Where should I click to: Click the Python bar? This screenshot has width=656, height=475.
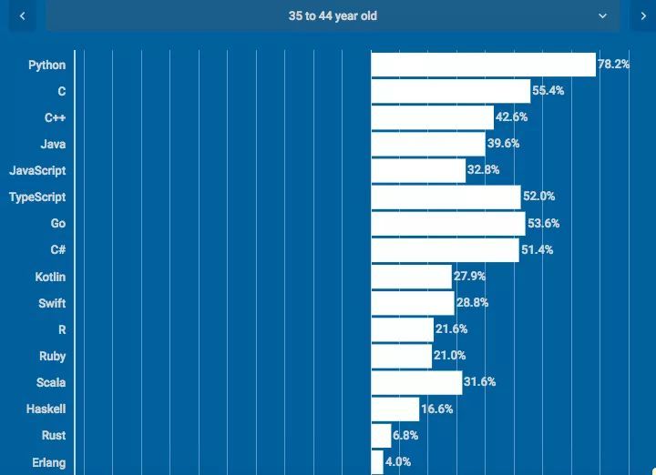tap(483, 65)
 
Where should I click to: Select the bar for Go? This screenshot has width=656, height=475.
tap(447, 224)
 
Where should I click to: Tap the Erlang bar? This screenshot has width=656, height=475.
tap(377, 462)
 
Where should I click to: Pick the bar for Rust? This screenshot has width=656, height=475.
tap(381, 436)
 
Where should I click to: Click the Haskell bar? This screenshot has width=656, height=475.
tap(395, 409)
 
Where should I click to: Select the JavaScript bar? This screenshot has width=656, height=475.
tap(418, 170)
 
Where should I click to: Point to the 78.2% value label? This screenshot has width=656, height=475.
tap(613, 65)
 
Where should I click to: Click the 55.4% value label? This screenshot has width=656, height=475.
tap(548, 91)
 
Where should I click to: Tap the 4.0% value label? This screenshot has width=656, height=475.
tap(398, 462)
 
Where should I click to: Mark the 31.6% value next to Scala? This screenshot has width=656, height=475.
tap(479, 382)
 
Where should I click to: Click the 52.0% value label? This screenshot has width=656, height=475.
tap(538, 197)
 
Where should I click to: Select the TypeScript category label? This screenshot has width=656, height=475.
tap(37, 197)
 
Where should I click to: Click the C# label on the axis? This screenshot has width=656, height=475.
tap(57, 250)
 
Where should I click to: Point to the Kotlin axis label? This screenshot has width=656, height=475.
tap(50, 277)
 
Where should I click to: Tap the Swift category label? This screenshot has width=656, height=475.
tap(52, 303)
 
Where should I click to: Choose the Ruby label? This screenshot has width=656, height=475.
tap(52, 356)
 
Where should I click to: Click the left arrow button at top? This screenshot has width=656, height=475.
tap(22, 15)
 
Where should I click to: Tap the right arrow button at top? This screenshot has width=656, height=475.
tap(643, 15)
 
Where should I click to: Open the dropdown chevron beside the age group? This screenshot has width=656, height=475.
tap(602, 15)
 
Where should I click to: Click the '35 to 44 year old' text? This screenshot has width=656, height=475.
tap(333, 15)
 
